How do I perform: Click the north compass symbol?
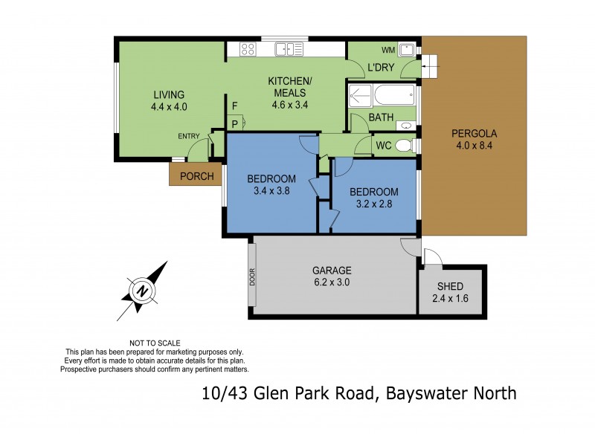pos(142,291)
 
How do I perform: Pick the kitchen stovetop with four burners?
pos(248,50)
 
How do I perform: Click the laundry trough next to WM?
pos(407,51)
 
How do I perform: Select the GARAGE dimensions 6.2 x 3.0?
pos(332,282)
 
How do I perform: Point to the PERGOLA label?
pos(474,134)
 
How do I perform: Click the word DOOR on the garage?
pos(252,277)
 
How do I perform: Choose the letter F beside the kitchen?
pos(234,106)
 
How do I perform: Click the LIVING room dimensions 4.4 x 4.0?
pos(169,106)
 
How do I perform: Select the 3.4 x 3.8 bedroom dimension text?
pos(271,190)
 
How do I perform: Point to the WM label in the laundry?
pos(387,51)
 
